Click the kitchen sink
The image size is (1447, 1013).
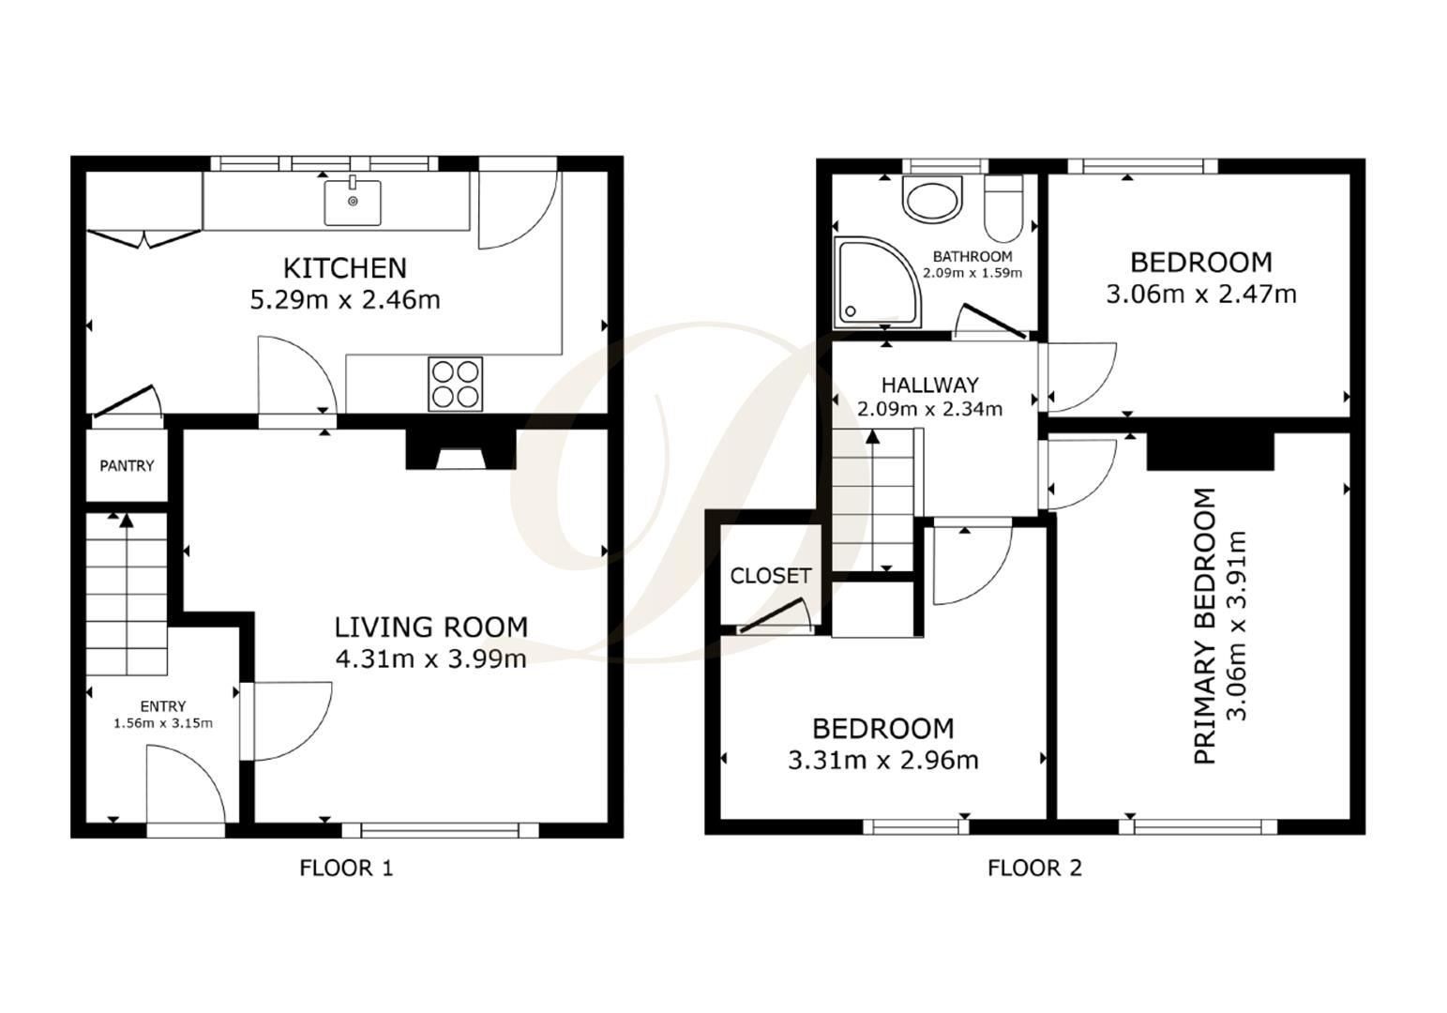click(x=353, y=202)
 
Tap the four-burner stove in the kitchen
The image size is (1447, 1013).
click(x=456, y=384)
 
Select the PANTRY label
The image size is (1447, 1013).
click(x=127, y=465)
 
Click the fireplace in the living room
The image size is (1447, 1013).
click(x=460, y=451)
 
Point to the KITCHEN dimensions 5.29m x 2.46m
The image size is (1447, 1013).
click(x=344, y=300)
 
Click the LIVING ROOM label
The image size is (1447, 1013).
click(x=431, y=627)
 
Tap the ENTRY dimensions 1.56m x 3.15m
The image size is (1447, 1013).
click(x=163, y=723)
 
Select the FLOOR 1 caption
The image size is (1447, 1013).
click(x=346, y=869)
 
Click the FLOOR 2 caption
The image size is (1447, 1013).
click(x=1034, y=869)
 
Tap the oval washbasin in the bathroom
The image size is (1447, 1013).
click(x=932, y=200)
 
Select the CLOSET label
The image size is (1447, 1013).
click(x=770, y=576)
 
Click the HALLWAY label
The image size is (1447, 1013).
click(x=929, y=385)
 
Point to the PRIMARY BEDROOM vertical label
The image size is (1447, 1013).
click(x=1205, y=626)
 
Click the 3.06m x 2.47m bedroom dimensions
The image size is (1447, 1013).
click(x=1201, y=295)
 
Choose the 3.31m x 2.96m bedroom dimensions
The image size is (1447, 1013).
click(x=882, y=760)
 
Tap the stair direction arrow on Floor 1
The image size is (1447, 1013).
click(x=125, y=522)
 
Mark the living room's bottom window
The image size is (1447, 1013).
click(x=440, y=829)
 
